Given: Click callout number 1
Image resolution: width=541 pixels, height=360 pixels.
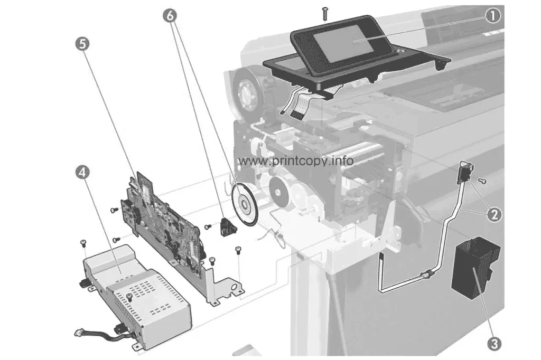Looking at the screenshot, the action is point(493,16).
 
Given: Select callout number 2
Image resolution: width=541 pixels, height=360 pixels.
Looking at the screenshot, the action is point(494,215).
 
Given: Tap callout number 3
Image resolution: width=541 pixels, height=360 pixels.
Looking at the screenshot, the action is point(494,344).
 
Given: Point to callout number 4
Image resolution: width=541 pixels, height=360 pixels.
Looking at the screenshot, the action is point(82,172).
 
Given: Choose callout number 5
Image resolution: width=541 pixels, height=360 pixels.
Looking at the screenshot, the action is point(82,44).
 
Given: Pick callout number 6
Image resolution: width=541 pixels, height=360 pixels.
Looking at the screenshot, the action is point(170,15).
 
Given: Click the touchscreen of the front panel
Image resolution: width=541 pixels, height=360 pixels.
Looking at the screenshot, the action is point(343,44).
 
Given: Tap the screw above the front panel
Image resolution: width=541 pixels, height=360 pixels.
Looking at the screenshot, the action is point(325,14).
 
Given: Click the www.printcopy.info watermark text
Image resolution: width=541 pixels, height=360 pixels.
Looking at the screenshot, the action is point(296,160).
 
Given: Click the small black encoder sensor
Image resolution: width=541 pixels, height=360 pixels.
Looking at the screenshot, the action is point(228,226).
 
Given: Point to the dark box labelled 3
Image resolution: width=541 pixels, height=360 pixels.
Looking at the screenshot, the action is point(475,267).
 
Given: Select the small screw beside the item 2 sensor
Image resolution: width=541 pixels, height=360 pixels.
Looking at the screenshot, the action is point(483,181).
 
